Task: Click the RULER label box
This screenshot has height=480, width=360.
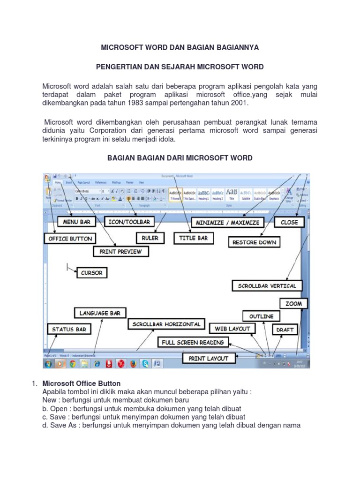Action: [150, 238]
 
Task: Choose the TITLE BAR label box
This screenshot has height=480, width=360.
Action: [193, 238]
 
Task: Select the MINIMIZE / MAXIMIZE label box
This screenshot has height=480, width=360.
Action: [227, 222]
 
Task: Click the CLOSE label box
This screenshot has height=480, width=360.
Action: [289, 222]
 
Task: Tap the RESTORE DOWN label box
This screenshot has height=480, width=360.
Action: [255, 242]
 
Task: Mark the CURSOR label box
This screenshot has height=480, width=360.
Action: [91, 272]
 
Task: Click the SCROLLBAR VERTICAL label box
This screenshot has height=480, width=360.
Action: [267, 285]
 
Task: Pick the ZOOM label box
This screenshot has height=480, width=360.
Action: [294, 304]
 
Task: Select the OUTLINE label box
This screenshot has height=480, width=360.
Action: [261, 316]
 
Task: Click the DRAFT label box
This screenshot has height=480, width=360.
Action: [285, 330]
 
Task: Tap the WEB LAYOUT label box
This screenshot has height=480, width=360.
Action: [232, 329]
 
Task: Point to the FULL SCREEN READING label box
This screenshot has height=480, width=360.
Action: [193, 343]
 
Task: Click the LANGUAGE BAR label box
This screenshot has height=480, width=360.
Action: [100, 313]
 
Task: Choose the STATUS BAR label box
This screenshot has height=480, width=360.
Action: [69, 330]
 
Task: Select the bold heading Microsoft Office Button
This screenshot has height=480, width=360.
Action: [82, 383]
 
